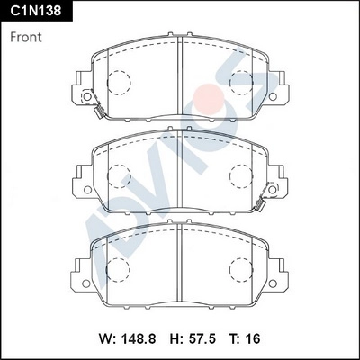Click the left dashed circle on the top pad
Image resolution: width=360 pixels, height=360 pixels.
point(119,84)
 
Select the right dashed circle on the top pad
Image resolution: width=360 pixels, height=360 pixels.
point(241,84)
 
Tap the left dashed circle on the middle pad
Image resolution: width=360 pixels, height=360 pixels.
point(119,175)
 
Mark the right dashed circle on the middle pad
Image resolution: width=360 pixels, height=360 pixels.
point(241,175)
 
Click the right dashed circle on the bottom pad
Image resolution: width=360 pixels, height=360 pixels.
point(241,267)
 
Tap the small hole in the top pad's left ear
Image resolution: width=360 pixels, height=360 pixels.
point(85,98)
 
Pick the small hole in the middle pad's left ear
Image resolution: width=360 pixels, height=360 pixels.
point(85,190)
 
